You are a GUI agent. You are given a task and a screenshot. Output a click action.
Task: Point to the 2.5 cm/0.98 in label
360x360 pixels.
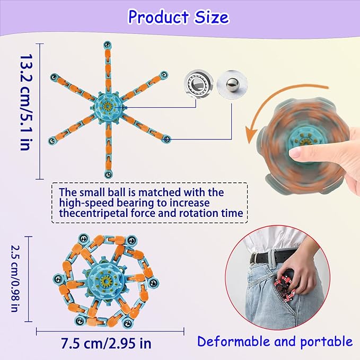click(x=16, y=278)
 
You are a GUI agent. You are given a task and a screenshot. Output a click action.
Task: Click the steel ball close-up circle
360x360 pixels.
click(x=232, y=84)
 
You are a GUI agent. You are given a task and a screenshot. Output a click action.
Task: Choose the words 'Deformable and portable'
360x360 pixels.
click(x=275, y=341)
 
